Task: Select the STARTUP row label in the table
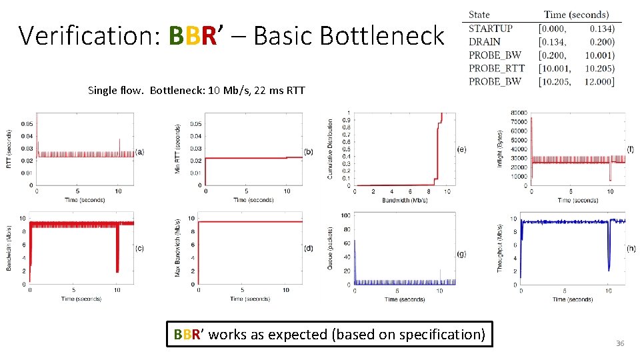pyautogui.click(x=490, y=28)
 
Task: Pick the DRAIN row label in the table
pyautogui.click(x=485, y=41)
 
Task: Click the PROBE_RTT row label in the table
pyautogui.click(x=497, y=68)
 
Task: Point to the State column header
pyautogui.click(x=479, y=14)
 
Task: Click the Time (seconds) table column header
pyautogui.click(x=576, y=14)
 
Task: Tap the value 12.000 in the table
pyautogui.click(x=601, y=81)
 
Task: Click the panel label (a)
pyautogui.click(x=139, y=152)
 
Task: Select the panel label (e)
pyautogui.click(x=461, y=149)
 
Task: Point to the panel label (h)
pyautogui.click(x=631, y=248)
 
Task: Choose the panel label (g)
pyautogui.click(x=461, y=254)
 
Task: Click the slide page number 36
pyautogui.click(x=619, y=343)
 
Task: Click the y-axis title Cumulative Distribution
pyautogui.click(x=330, y=149)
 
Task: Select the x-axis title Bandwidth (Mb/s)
pyautogui.click(x=405, y=199)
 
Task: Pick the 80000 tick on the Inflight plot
pyautogui.click(x=518, y=113)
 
